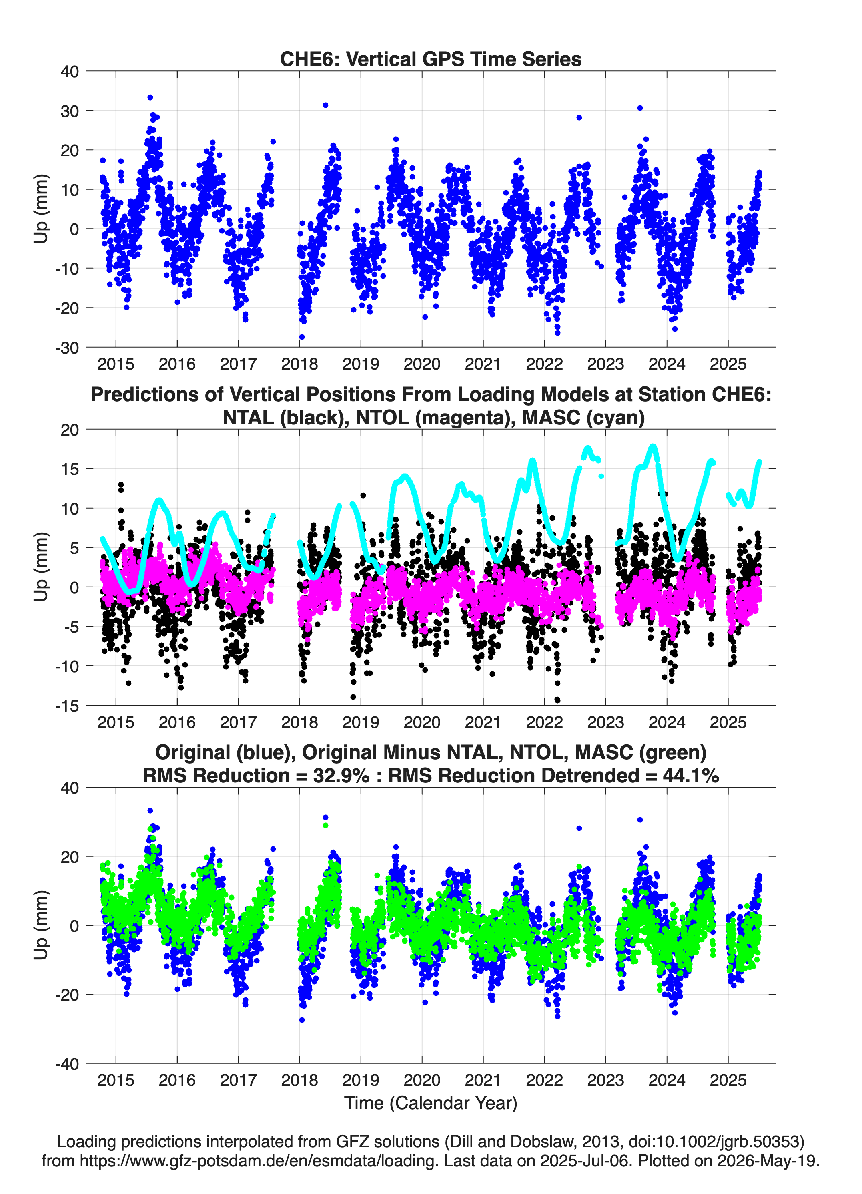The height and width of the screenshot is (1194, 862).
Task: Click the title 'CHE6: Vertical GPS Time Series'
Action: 431,59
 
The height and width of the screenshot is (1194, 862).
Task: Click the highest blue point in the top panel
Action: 150,97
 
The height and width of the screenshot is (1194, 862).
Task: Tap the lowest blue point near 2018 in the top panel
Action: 302,337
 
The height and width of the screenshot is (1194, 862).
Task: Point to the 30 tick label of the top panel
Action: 70,111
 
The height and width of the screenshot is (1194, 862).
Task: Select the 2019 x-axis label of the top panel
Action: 361,364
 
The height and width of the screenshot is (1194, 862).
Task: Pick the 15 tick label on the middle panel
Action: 70,469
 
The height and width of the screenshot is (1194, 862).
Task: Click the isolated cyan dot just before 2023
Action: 601,476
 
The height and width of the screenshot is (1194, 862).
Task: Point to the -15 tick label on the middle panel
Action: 67,706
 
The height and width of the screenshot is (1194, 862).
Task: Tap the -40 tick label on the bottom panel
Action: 67,1063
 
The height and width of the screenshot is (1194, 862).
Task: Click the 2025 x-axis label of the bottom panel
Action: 728,1080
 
